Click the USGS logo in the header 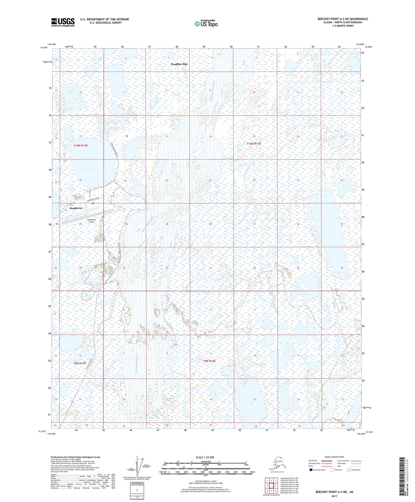(63, 22)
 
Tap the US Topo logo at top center (206, 23)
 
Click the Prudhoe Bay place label (179, 64)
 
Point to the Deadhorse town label (76, 208)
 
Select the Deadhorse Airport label (91, 221)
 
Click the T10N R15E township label (254, 143)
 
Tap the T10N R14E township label (80, 146)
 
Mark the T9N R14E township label (80, 363)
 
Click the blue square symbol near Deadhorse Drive (93, 203)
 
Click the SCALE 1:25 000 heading (205, 457)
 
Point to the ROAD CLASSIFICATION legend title (334, 457)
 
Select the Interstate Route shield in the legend (311, 470)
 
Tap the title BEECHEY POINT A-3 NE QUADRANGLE (342, 19)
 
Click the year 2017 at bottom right (334, 496)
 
